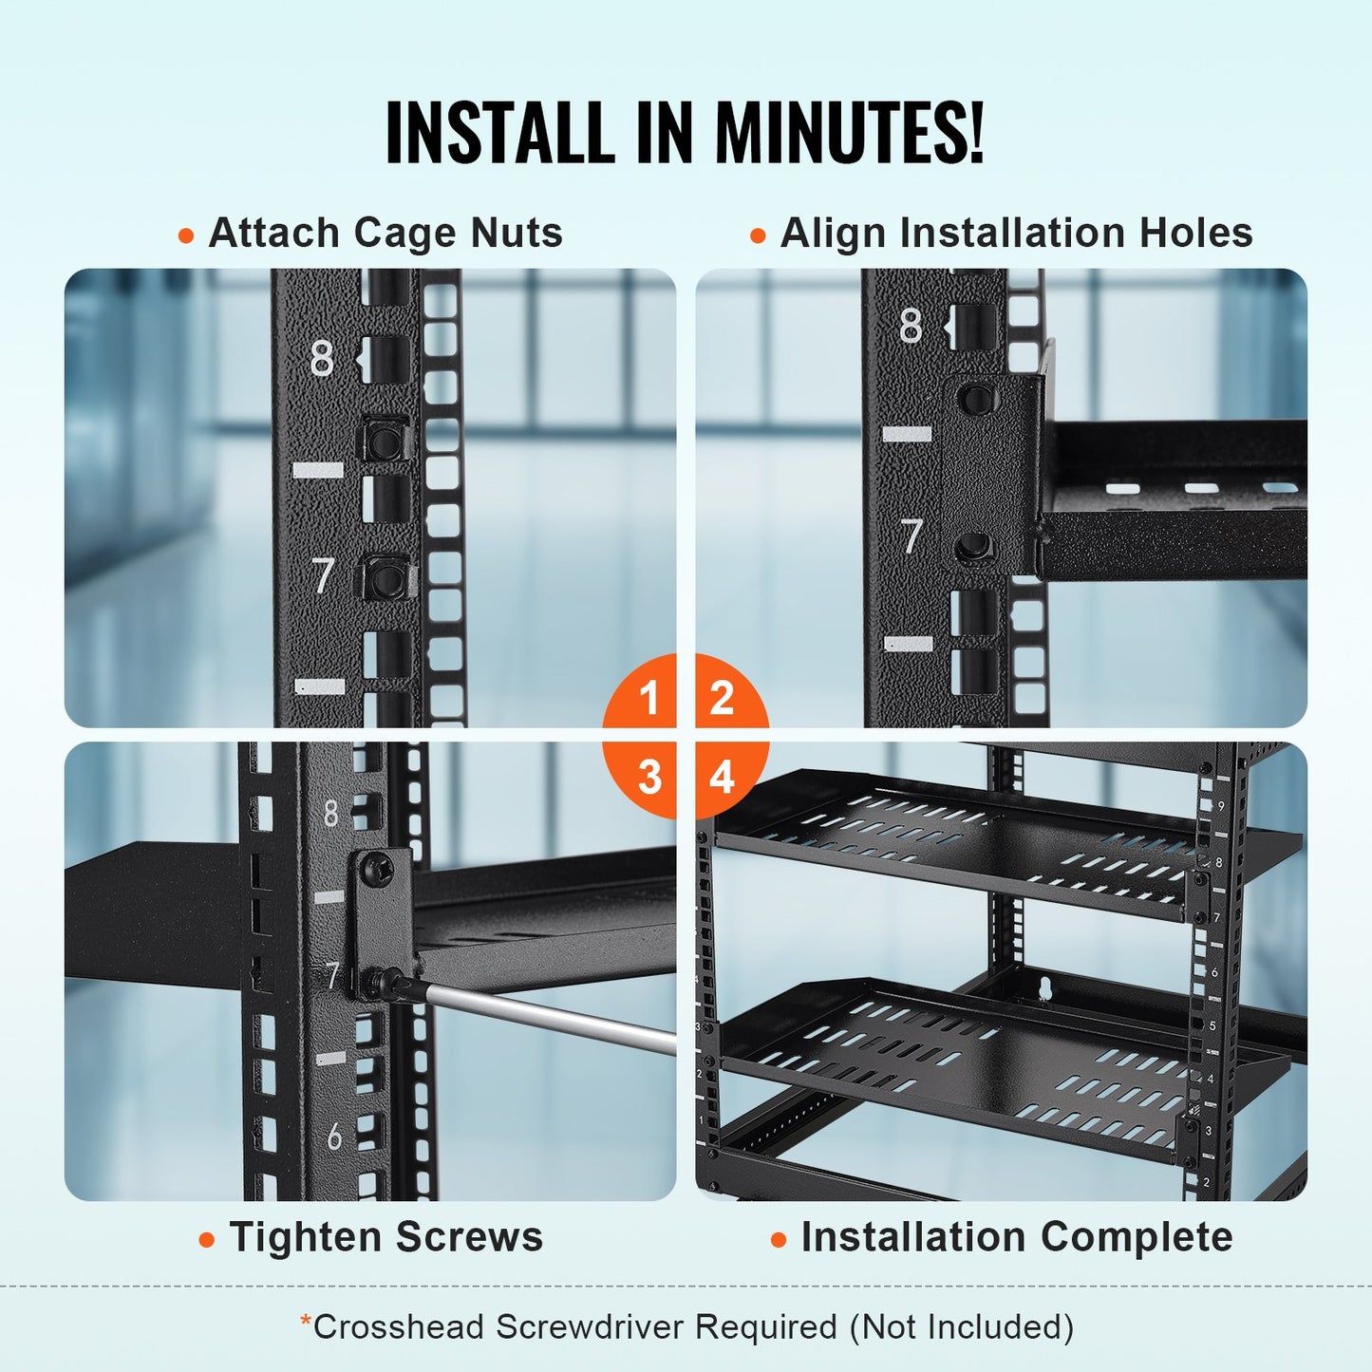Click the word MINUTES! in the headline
[x=848, y=132]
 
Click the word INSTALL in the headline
[x=499, y=132]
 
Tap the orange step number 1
[x=649, y=699]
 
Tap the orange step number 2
[x=723, y=699]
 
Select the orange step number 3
[x=649, y=778]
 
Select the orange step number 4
[x=723, y=778]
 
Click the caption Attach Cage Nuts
[x=385, y=233]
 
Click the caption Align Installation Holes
[x=1016, y=233]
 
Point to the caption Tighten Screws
[x=385, y=1237]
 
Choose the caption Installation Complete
[x=1016, y=1237]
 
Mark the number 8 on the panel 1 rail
[x=322, y=359]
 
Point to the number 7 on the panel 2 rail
[x=912, y=536]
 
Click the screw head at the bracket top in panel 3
[x=378, y=866]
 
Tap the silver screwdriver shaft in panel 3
[x=551, y=1017]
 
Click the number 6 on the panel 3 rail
[x=334, y=1137]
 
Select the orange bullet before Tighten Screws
[x=207, y=1240]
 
